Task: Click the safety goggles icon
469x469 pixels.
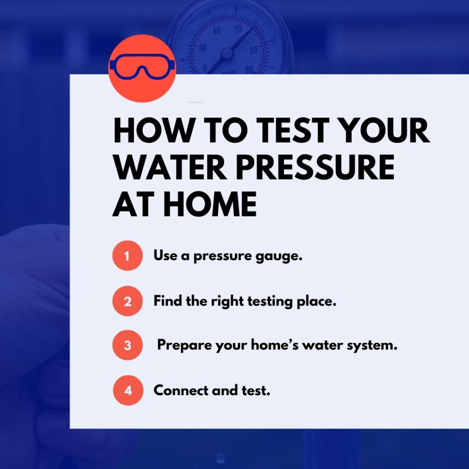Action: (x=142, y=68)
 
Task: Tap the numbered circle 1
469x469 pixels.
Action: (x=127, y=256)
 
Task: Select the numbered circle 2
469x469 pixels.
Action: (x=127, y=301)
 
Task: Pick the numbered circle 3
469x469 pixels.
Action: (x=127, y=345)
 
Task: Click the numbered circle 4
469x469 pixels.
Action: (x=128, y=390)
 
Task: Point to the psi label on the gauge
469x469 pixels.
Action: (x=227, y=70)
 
